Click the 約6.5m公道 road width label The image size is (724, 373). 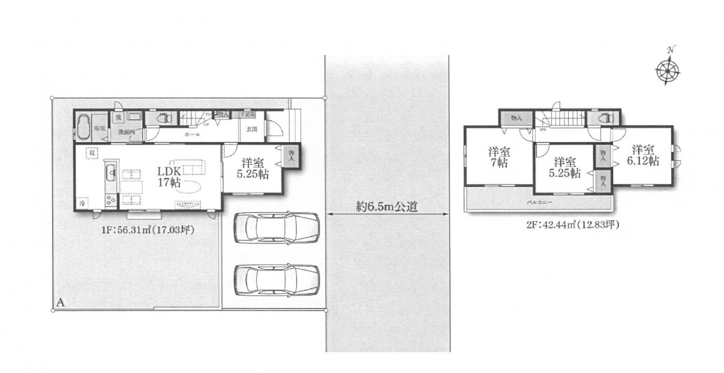click(387, 207)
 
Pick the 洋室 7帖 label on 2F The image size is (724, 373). click(499, 158)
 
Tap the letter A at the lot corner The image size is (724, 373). click(61, 303)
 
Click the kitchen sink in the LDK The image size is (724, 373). click(111, 175)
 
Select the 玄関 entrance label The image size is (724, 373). click(251, 129)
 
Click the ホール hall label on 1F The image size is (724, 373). click(192, 136)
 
